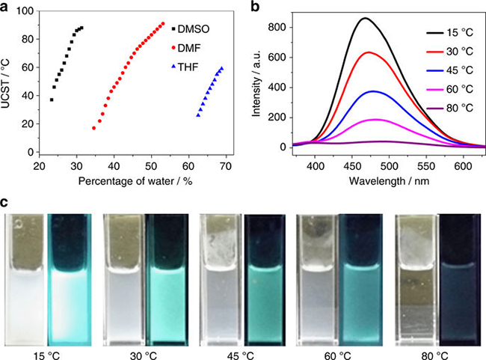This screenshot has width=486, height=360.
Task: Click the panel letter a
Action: (5, 7)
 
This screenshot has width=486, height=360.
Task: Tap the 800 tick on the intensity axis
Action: (276, 27)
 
